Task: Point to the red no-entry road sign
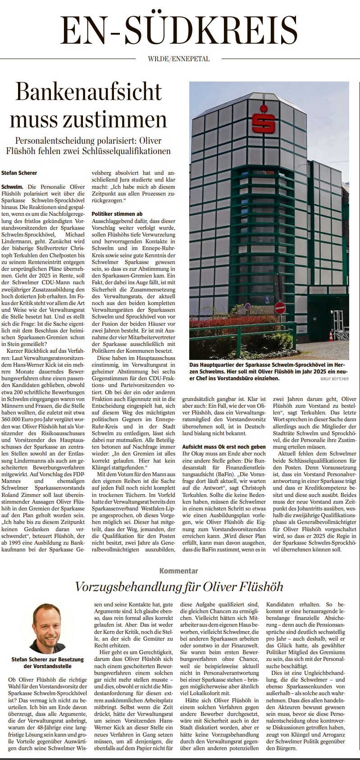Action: coord(280,308)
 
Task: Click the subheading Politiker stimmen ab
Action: coord(117,214)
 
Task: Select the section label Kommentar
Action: coord(179,571)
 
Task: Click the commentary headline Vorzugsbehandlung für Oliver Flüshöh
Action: coord(179,587)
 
